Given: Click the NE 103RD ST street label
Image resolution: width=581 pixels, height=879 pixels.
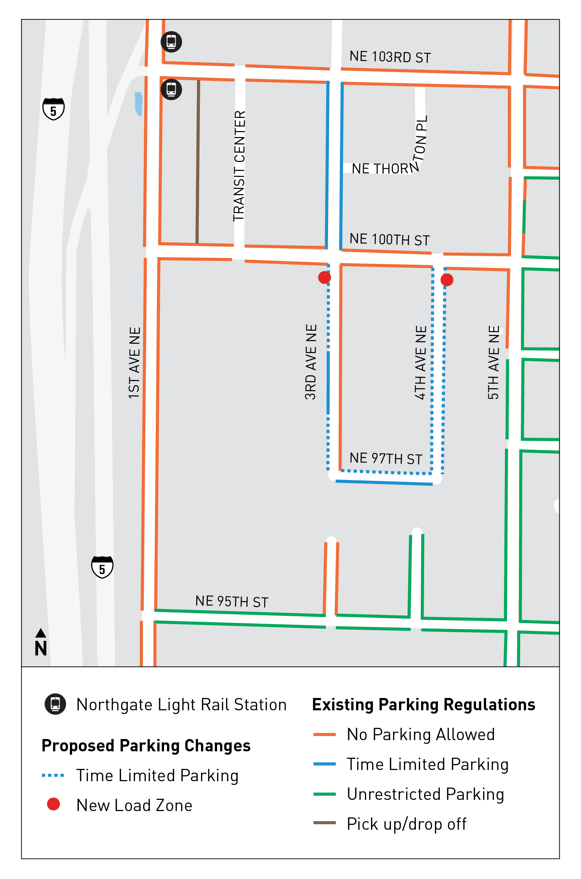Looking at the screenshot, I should pos(390,57).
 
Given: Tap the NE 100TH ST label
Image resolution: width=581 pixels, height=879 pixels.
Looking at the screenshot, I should pos(389,239).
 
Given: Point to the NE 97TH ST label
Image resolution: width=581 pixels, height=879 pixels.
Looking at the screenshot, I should pos(386,458).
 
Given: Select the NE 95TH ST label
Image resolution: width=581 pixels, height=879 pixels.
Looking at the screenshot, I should pos(232,601).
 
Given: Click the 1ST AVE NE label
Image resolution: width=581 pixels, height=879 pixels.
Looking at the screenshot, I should pos(135,363).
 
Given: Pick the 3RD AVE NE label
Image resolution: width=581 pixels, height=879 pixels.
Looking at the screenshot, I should pos(311,362).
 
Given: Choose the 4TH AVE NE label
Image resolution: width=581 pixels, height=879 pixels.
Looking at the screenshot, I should pos(421,363).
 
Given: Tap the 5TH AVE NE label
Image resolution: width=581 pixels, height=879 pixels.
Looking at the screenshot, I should pos(494,363).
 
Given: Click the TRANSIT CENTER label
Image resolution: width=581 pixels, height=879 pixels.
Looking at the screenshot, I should pos(239,166).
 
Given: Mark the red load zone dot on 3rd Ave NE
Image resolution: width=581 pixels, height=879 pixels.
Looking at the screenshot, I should pos(324,277).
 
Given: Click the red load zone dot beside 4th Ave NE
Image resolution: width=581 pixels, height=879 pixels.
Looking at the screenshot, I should pos(447,280).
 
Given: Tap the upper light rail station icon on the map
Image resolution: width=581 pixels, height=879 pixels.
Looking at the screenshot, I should pos(171,41).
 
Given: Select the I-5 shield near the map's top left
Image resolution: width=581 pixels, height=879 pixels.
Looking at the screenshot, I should pos(53,109).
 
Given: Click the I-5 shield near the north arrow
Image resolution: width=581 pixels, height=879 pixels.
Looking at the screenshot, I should pos(102,567).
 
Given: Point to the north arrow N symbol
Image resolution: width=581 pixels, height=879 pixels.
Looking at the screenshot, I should pos(41,643).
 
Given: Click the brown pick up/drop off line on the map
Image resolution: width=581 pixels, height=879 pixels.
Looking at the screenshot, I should pos(198,162).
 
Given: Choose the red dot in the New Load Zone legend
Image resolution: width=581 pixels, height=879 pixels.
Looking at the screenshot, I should pos(53,804).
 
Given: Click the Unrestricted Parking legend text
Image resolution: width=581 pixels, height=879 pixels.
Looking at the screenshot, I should pos(425,794).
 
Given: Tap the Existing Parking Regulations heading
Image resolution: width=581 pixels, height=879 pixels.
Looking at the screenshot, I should pos(424,705).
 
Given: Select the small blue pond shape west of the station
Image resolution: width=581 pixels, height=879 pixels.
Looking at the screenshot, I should pos(138,103).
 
